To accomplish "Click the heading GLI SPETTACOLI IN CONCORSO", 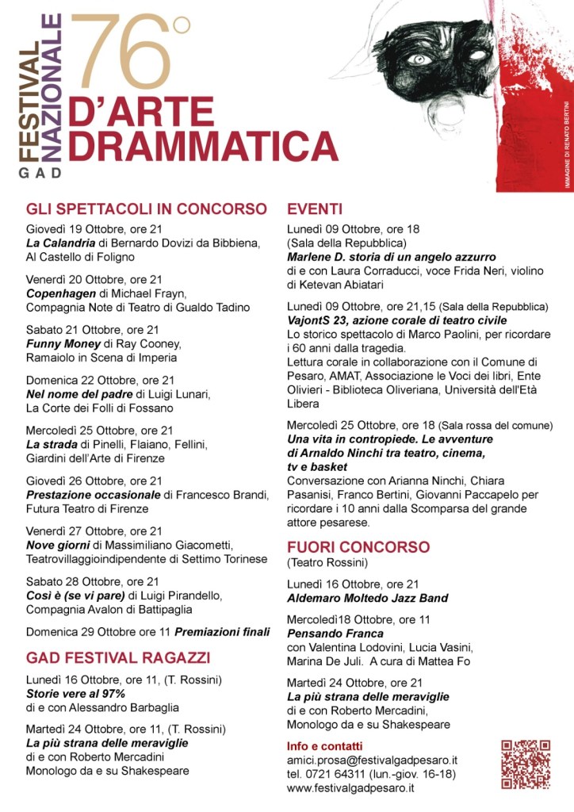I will pos(147,209).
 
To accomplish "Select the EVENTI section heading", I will pos(315,209).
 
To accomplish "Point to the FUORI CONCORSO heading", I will pos(358,547).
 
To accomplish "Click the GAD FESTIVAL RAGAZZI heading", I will pos(118,658).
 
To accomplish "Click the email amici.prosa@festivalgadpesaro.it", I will pos(372,760).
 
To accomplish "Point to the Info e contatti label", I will pos(324,746).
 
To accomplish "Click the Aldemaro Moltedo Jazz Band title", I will pos(368,597).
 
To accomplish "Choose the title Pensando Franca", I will pos(335,634).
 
